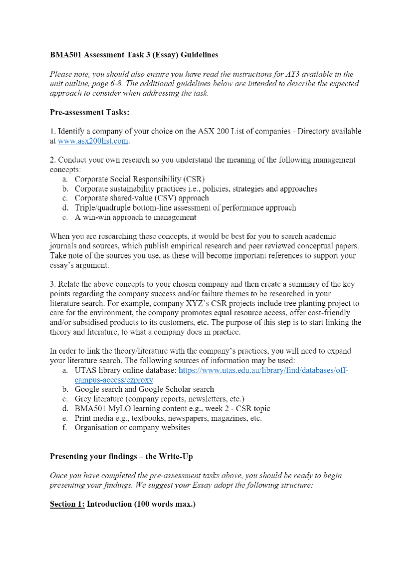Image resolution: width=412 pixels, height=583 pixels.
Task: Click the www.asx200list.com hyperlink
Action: [93, 141]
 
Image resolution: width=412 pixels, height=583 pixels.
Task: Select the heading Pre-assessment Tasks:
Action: [90, 112]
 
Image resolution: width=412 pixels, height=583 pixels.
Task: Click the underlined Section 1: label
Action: [67, 504]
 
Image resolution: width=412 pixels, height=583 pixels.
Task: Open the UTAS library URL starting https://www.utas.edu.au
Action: [263, 370]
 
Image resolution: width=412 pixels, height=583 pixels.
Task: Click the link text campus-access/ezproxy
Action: [114, 380]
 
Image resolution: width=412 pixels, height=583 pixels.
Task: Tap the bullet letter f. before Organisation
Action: [65, 428]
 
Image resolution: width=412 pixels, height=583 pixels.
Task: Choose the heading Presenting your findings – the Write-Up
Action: [121, 456]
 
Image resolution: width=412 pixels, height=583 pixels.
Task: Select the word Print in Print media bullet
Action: [82, 418]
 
